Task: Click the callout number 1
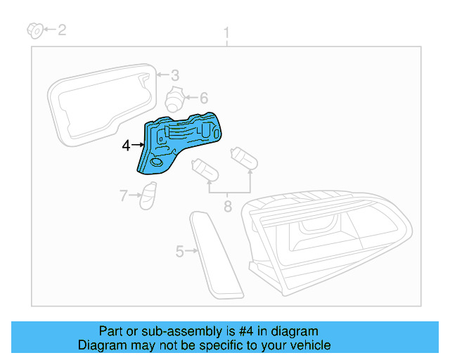[x=226, y=33]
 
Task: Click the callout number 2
[x=62, y=30]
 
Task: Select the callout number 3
[x=174, y=75]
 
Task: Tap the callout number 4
[x=126, y=146]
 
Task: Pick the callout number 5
[x=179, y=250]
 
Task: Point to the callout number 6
[x=203, y=98]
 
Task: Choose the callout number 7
[x=123, y=195]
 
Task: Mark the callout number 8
[x=227, y=206]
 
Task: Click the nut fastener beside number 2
[x=33, y=30]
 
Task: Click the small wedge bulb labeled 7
[x=148, y=195]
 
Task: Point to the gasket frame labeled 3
[x=98, y=105]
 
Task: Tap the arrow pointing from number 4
[x=138, y=146]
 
